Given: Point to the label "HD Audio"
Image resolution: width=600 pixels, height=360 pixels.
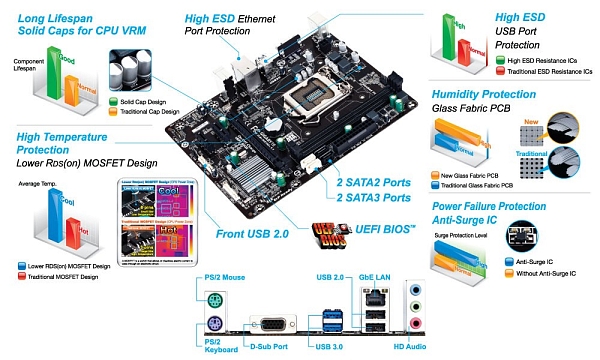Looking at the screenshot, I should [x=411, y=345].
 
